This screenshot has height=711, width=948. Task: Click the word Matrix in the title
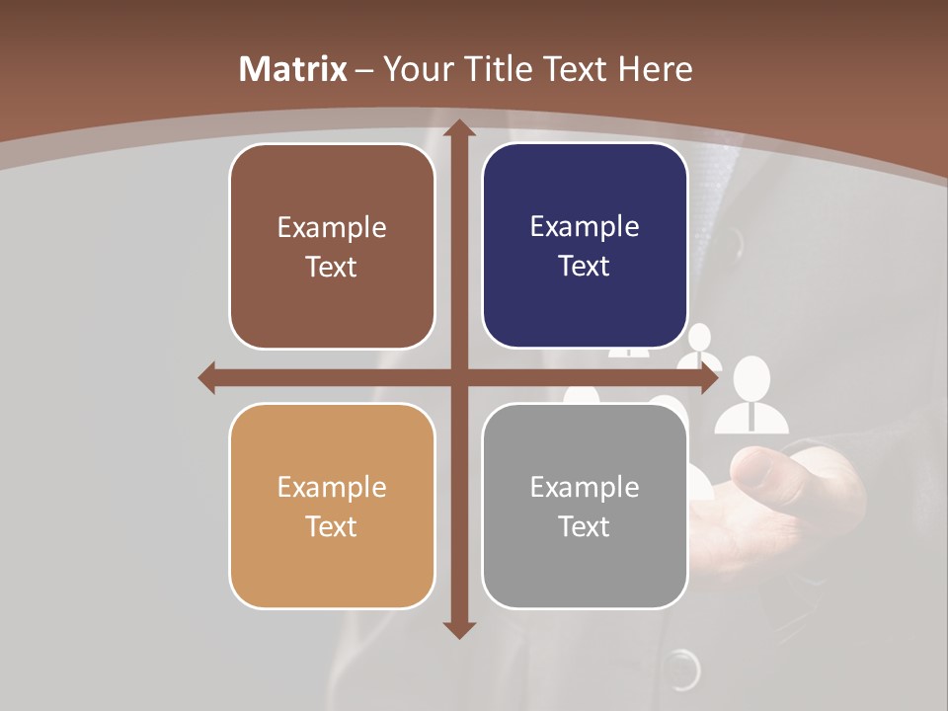click(293, 69)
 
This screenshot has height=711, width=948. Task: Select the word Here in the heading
click(656, 69)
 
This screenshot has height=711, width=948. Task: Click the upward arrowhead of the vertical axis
click(458, 128)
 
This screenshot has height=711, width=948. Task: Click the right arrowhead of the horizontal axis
click(709, 377)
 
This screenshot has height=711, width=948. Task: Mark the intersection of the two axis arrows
click(458, 377)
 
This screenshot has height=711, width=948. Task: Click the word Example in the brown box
click(332, 228)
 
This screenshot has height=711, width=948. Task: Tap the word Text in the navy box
click(585, 267)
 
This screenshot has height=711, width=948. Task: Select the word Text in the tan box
click(332, 526)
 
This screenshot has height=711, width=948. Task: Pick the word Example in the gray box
click(585, 487)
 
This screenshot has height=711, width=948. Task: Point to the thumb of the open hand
click(770, 464)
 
